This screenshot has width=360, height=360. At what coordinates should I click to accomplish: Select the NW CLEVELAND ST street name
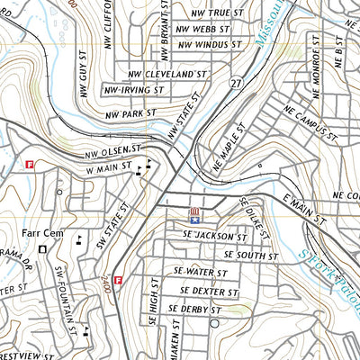click(x=173, y=74)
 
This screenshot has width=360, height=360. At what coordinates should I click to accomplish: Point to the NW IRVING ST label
click(x=133, y=91)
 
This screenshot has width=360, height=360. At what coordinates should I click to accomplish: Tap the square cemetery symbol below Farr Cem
click(x=42, y=249)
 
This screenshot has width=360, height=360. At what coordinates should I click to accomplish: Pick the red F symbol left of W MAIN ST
click(x=30, y=165)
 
